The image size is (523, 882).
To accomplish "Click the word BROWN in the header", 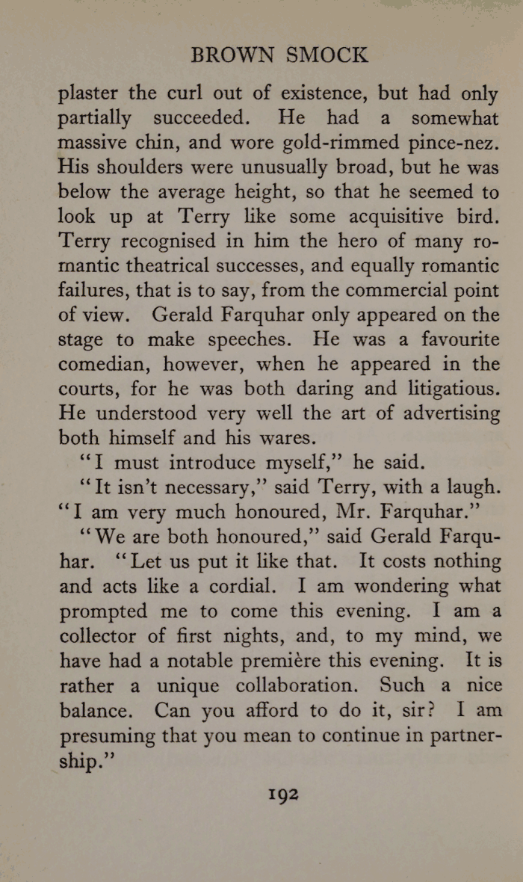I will (x=230, y=55).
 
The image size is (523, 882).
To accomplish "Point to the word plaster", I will (x=88, y=94).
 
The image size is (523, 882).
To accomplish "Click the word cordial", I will (x=234, y=586).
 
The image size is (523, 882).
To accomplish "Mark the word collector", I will (x=99, y=635).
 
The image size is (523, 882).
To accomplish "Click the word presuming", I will (x=105, y=734).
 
